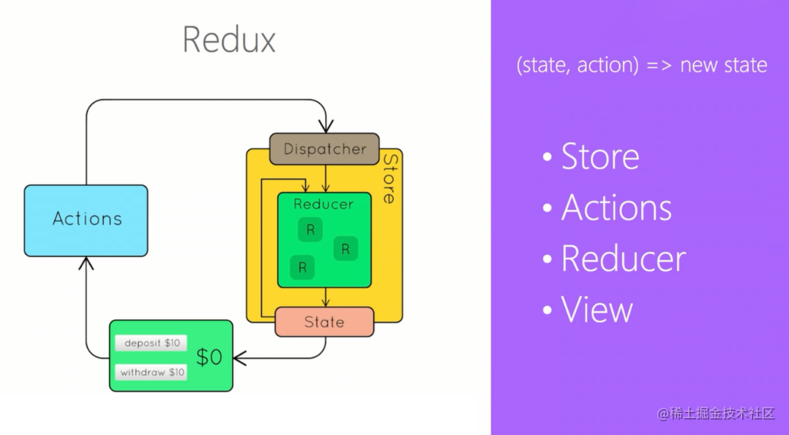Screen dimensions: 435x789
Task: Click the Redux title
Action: [229, 40]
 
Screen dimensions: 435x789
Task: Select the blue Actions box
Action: [86, 220]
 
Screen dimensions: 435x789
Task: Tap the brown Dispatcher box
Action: [324, 149]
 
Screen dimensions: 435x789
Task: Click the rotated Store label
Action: [390, 178]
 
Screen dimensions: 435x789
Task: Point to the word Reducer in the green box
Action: [324, 204]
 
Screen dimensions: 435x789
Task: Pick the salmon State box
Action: [324, 322]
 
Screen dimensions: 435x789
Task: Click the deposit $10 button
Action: [152, 343]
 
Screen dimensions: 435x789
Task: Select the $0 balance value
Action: [209, 357]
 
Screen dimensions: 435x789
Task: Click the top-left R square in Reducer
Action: [310, 230]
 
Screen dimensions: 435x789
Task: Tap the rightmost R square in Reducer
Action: [345, 249]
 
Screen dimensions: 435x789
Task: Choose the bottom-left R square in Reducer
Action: [302, 267]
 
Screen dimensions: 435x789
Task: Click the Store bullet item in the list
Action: [599, 157]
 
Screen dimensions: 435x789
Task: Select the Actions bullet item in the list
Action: [616, 208]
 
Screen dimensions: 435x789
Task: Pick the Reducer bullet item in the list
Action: [623, 259]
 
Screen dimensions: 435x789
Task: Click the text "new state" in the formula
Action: [723, 65]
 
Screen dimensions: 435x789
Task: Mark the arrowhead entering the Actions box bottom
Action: [86, 262]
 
